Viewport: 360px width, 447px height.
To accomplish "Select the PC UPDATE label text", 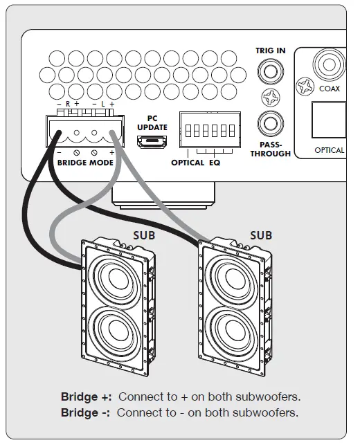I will click(152, 123).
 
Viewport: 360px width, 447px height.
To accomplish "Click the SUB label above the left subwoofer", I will click(144, 235).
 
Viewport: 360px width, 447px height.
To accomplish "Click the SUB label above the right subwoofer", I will click(260, 235).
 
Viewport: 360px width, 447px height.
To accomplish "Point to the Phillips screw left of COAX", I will click(304, 87).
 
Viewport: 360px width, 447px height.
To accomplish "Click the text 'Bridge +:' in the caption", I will click(87, 397).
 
